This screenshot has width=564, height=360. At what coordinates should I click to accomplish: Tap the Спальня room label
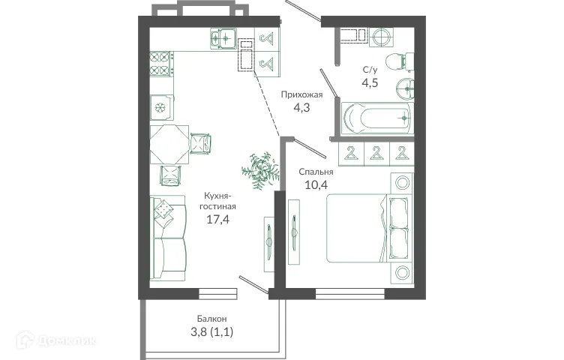tap(319, 171)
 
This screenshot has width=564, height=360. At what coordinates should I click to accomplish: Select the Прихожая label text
tap(301, 94)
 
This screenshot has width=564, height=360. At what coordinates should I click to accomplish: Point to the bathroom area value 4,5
tap(370, 82)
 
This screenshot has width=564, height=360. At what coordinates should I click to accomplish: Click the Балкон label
tap(213, 317)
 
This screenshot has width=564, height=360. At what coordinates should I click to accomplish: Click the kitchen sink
tap(223, 37)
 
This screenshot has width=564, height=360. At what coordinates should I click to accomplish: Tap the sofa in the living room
tap(167, 238)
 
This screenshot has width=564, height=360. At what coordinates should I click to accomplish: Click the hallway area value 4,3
tap(301, 107)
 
